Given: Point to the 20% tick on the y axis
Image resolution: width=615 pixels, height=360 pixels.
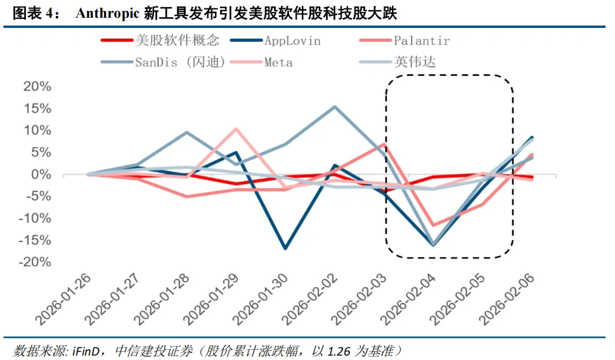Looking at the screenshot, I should point(37,87).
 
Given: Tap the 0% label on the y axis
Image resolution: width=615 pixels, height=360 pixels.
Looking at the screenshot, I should point(42,174).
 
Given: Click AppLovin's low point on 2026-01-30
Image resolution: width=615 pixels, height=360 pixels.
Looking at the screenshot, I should point(285,248).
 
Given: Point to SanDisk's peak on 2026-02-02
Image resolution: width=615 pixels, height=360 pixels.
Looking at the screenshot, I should point(335,106).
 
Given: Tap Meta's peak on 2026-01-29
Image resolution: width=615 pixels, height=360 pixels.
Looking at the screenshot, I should point(236,129).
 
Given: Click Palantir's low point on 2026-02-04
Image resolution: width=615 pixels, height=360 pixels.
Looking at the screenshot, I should point(434,225).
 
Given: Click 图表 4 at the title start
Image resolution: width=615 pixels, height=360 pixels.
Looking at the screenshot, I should point(31,13).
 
